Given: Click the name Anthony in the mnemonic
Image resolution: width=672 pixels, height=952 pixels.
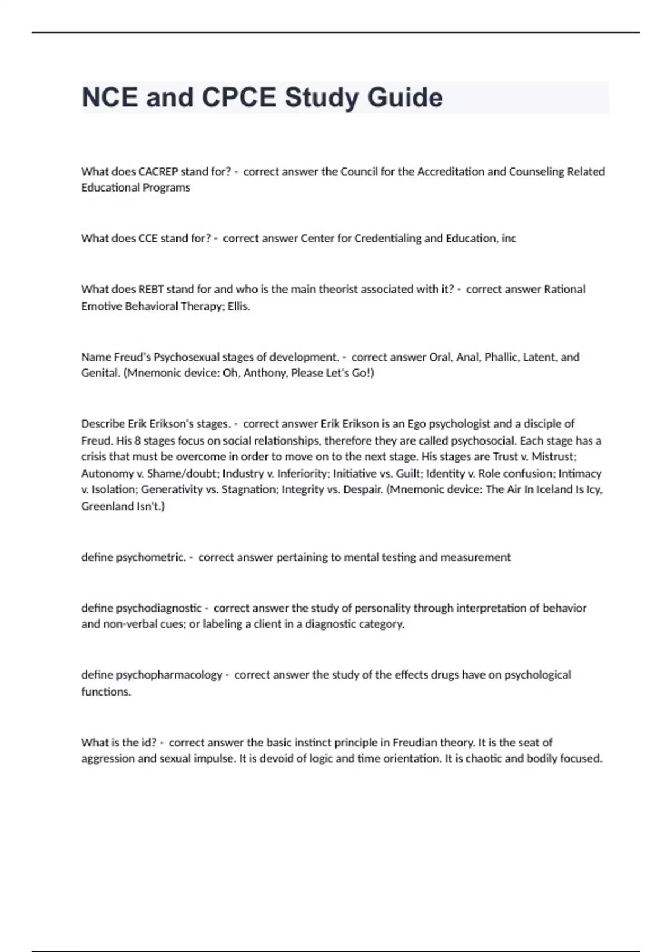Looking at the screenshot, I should (264, 373).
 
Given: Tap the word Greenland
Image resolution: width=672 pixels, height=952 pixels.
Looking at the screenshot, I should (106, 506).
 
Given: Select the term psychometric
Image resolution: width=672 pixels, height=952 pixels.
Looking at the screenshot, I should (151, 557).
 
